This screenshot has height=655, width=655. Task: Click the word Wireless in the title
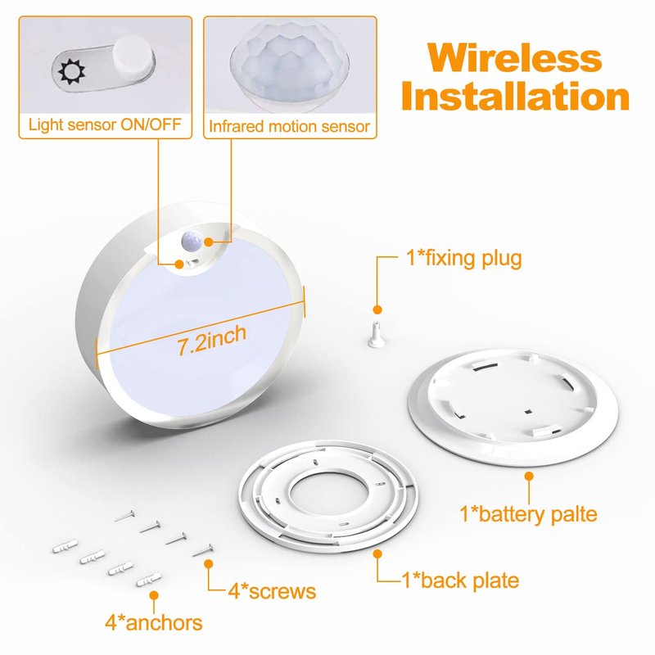point(515,57)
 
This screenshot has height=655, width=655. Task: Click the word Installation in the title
point(515,96)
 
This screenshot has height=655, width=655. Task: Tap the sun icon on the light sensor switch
point(71,71)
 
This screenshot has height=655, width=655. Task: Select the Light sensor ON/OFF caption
point(105,124)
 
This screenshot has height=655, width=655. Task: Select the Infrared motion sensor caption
point(290,126)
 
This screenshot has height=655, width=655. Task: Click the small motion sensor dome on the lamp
point(192,241)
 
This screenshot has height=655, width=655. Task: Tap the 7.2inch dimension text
point(212,340)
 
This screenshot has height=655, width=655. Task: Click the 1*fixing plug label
point(463,258)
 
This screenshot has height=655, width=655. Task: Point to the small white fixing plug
point(376,334)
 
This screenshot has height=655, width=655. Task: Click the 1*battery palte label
point(528,513)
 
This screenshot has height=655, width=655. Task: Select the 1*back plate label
point(460,580)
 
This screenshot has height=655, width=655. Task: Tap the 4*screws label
point(272,591)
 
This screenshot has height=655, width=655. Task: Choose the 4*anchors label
point(153,622)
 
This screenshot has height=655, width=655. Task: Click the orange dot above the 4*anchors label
point(154,595)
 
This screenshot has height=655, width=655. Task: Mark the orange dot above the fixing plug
point(377,309)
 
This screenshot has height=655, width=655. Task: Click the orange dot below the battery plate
point(529,476)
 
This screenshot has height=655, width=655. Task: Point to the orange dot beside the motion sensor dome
point(208,242)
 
